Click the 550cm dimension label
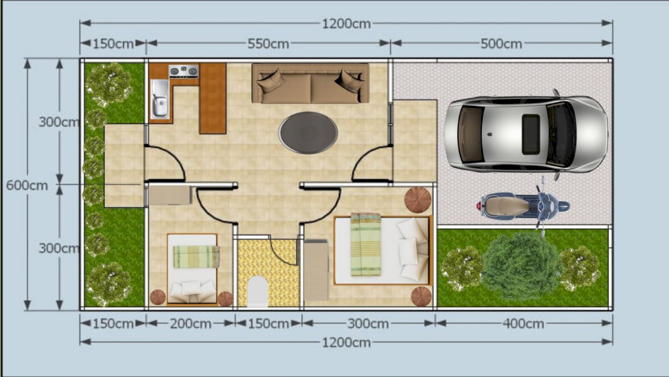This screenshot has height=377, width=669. (268, 44)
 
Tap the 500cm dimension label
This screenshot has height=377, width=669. (501, 44)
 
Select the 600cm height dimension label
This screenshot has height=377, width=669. (27, 185)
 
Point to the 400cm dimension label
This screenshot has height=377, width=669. (523, 324)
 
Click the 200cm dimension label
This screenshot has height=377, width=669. (190, 324)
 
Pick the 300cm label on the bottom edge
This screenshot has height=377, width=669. (368, 324)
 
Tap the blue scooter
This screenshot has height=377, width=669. (523, 206)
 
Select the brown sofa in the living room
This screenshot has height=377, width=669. (310, 83)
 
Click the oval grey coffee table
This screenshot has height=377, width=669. (308, 133)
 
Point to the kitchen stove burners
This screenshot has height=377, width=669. (183, 72)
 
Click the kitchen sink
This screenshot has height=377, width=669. (160, 99)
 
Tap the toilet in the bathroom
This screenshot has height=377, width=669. (258, 291)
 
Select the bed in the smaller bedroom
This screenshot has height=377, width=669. (193, 269)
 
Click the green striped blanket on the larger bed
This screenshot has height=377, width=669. (366, 244)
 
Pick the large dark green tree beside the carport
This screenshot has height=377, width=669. (522, 266)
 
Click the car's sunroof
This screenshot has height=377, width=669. (531, 135)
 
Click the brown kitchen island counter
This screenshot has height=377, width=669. (212, 99)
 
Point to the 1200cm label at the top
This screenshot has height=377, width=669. (346, 24)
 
